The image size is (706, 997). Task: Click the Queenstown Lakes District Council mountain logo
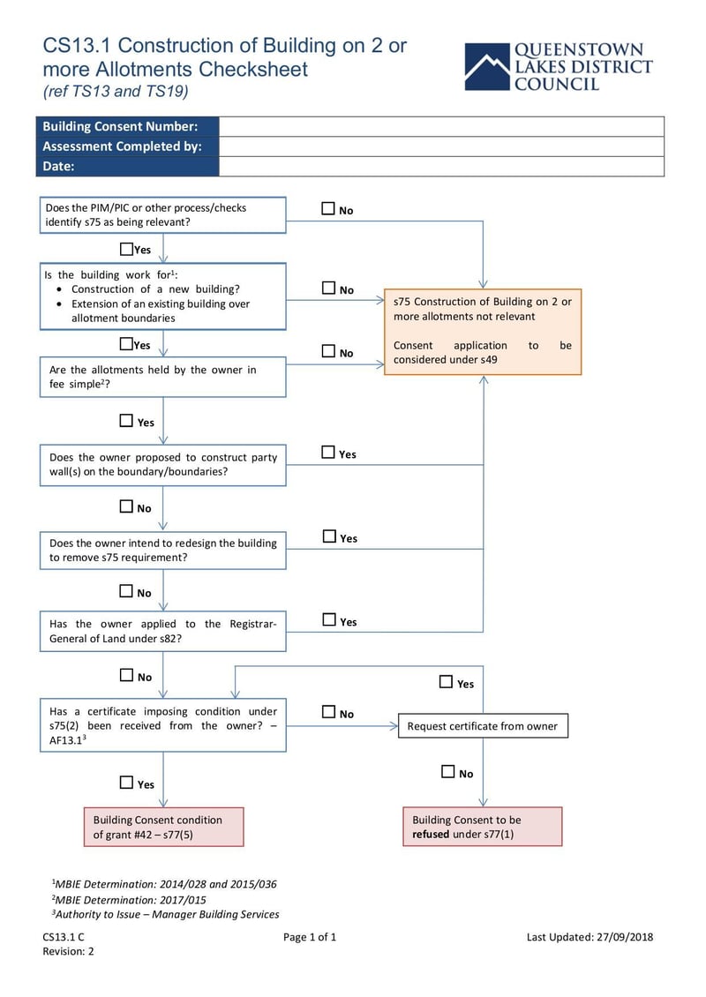point(487,66)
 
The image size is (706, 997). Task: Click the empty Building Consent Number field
point(441,126)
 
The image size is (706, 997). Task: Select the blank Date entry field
point(441,167)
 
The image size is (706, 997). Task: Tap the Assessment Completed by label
point(123,146)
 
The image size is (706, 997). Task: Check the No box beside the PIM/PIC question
point(328,209)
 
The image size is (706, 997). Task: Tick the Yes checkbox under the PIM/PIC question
point(126,249)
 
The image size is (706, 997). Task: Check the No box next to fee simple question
point(328,351)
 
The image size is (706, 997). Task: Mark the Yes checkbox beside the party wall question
point(328,453)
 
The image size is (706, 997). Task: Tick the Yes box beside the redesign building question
point(329,536)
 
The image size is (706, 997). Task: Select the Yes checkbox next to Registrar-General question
point(329,620)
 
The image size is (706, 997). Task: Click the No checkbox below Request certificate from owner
point(447,772)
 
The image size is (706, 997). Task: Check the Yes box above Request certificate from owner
point(447,682)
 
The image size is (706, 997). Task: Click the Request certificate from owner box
point(483,726)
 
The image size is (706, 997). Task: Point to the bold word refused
point(431,834)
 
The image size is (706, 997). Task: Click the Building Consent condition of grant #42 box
point(163,827)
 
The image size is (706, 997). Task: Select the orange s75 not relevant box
point(482,331)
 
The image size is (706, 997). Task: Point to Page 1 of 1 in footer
point(310,937)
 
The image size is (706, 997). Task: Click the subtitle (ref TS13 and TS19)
point(116,91)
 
